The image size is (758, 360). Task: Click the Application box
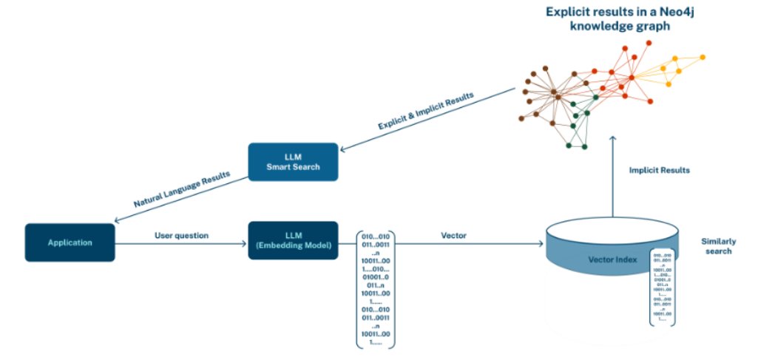71,242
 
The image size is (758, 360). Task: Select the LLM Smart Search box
294,162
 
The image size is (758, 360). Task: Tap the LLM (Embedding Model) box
293,240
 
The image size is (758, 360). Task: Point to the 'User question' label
181,235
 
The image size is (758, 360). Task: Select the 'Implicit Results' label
660,170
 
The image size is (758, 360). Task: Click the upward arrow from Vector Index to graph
612,177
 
